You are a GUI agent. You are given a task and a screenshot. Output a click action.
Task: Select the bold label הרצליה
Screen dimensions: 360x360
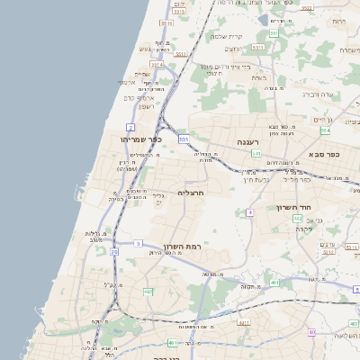192,193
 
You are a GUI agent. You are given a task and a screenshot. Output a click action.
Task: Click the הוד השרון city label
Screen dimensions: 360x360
293,206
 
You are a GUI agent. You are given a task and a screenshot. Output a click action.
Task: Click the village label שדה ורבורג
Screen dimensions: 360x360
320,94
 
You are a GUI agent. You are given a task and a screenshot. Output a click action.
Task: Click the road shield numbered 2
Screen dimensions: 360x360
130,127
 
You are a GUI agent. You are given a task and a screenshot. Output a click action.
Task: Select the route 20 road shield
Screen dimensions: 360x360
114,252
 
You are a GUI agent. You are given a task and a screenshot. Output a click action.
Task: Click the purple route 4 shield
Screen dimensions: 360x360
248,212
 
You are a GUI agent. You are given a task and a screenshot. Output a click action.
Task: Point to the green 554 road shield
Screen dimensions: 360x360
325,130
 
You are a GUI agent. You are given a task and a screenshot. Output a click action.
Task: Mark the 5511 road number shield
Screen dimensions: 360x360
257,46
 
